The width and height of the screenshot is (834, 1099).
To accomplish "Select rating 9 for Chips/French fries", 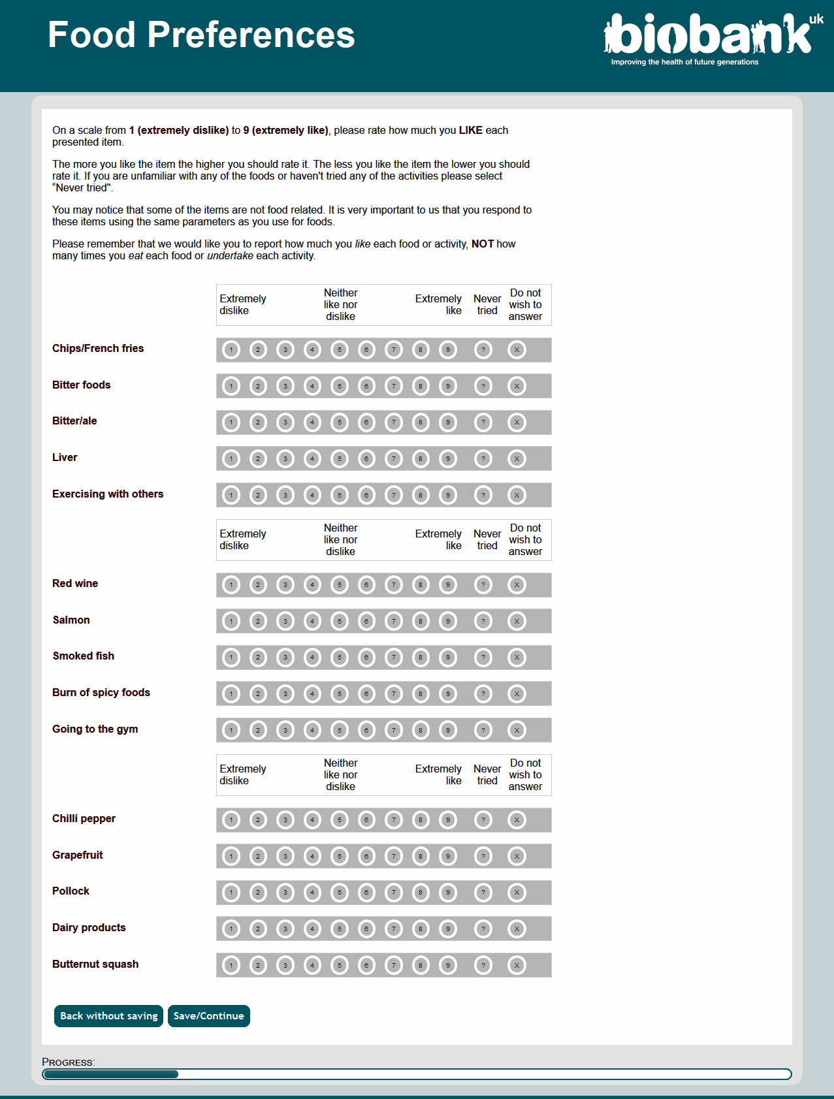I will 448,350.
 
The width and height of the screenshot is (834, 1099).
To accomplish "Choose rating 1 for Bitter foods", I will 231,387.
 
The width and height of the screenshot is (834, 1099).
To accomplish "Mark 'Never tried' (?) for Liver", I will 483,459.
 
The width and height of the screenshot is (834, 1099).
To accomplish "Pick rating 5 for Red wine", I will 340,585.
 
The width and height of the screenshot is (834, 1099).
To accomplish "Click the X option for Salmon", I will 517,621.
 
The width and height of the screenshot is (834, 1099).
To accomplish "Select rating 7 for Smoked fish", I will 394,658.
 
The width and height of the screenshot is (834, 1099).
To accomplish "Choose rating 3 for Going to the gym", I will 285,730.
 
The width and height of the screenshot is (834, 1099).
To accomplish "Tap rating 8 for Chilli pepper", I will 421,820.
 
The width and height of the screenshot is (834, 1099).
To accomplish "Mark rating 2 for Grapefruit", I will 258,856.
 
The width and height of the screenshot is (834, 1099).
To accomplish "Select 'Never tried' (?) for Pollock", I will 483,893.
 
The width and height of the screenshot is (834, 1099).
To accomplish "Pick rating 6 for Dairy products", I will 367,929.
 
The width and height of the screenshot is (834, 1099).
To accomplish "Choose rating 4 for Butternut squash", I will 313,965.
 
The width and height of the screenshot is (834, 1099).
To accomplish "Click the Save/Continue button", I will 209,1016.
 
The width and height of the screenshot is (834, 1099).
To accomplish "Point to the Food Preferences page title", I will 201,35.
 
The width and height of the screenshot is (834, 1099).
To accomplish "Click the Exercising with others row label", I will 108,494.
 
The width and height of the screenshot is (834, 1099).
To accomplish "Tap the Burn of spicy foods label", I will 101,693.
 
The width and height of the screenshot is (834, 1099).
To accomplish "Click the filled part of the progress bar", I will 110,1074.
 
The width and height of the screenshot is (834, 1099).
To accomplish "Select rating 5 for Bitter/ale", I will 340,422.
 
